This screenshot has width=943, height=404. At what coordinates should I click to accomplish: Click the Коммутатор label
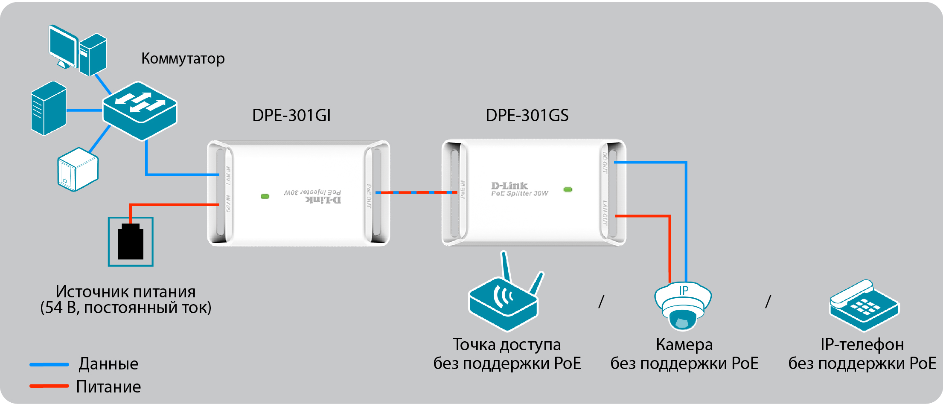pos(183,58)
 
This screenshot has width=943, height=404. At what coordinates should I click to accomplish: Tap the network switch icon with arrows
pos(140,110)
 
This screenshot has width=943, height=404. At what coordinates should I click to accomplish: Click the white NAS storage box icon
pos(78,169)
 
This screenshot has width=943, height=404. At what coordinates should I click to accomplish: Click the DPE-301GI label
pos(291,116)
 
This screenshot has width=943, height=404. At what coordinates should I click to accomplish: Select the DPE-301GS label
pos(527,116)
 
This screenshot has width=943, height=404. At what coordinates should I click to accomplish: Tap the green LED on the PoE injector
pos(265,196)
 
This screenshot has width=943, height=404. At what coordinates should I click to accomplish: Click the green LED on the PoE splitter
pos(568,189)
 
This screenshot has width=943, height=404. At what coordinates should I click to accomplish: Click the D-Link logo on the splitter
pos(509,186)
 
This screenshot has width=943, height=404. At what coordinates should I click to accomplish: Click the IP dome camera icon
pos(683,305)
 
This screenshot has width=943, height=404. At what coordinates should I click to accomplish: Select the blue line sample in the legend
pos(49,364)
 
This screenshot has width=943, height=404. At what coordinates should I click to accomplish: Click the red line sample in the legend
pos(49,386)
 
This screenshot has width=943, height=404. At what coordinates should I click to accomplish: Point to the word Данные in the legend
pos(108,364)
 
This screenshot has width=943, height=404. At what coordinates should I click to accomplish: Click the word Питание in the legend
pos(108,387)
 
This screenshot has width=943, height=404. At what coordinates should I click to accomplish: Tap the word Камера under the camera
pos(684,345)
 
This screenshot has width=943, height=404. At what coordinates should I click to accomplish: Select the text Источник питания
pos(125,292)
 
